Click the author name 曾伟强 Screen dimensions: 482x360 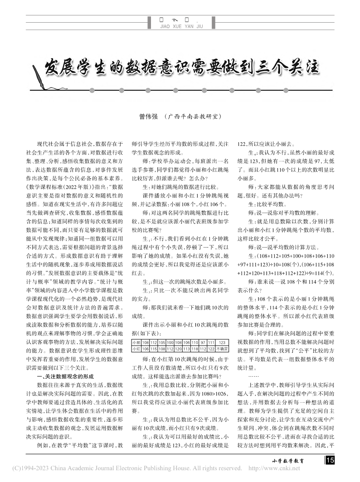click(x=147, y=117)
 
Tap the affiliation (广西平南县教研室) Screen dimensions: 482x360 click(x=192, y=117)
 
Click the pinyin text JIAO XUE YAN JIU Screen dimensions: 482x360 click(x=180, y=26)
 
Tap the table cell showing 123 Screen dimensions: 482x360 click(x=222, y=341)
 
